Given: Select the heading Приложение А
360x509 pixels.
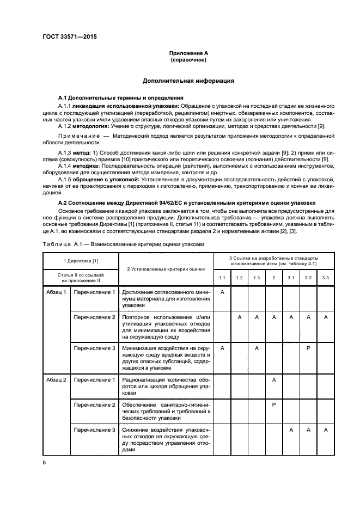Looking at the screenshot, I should [188, 53].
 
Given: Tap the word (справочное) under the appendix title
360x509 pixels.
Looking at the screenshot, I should [188, 60].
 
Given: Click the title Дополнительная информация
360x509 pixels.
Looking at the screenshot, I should [188, 81].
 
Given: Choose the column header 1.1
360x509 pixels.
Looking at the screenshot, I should [222, 278].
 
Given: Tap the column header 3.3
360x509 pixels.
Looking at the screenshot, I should [325, 278].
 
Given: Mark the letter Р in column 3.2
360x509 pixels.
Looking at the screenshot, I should [308, 348].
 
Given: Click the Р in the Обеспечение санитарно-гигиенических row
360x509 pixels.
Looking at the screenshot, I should [274, 405].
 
